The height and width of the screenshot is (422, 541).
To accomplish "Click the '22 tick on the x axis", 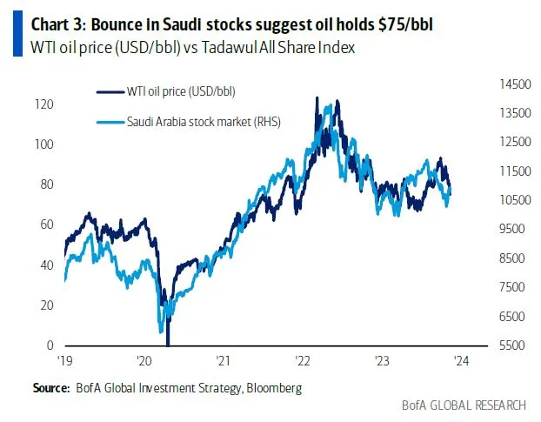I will click(x=304, y=360).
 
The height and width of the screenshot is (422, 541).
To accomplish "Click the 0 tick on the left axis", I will click(x=50, y=345).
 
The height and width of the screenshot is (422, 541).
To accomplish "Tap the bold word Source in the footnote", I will click(x=50, y=386).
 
